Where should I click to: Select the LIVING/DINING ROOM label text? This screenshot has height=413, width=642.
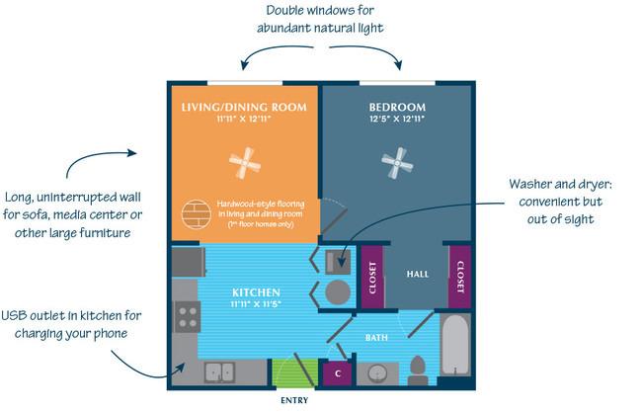243,107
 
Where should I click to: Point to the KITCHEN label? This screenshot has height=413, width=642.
256,292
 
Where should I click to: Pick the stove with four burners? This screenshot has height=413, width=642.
185,317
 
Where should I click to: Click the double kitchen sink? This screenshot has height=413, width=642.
218,372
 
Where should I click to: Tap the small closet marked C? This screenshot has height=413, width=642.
337,373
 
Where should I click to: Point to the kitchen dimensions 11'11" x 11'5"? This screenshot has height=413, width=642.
256,305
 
